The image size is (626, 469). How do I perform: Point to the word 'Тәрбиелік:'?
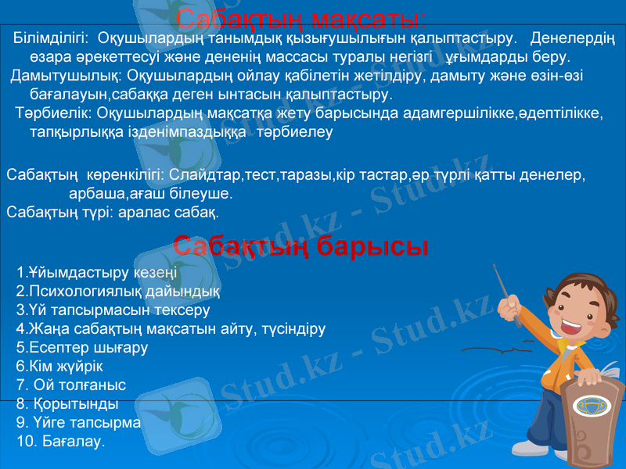(55, 114)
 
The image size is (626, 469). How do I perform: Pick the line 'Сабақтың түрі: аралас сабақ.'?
(113, 212)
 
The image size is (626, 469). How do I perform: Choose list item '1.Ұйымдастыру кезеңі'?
(96, 273)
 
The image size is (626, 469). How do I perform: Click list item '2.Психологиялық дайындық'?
(117, 292)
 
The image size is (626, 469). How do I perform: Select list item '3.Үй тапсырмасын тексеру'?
(113, 310)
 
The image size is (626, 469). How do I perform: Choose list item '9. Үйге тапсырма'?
(78, 423)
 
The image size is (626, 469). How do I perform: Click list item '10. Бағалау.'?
(60, 442)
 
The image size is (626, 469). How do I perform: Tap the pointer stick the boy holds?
(505, 294)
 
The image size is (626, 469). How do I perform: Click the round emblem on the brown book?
(588, 406)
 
